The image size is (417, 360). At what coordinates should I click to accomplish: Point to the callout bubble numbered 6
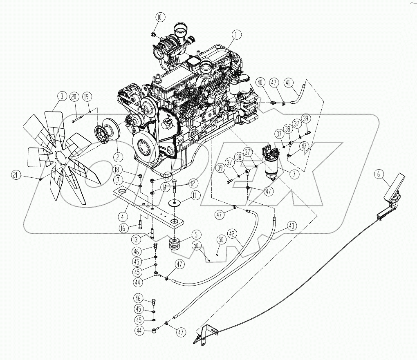click(x=379, y=174)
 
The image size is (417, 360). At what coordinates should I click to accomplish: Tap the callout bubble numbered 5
click(x=195, y=235)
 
